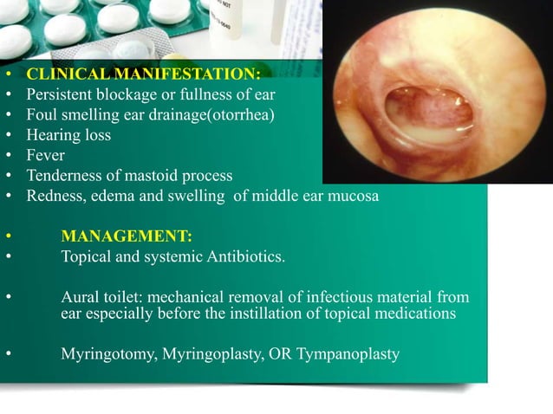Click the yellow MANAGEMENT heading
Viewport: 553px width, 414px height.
(127, 236)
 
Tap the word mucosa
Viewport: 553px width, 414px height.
(355, 196)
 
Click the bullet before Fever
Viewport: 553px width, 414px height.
(8, 156)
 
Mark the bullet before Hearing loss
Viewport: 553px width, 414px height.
(8, 136)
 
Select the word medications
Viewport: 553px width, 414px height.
(416, 314)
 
